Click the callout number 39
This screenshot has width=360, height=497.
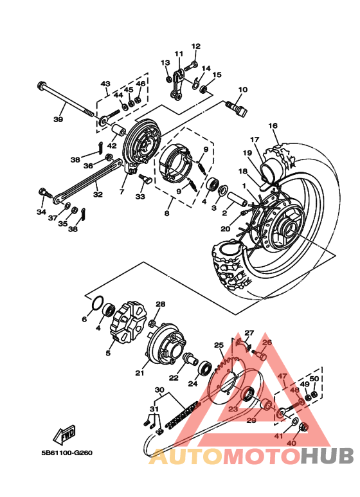[x=59, y=120]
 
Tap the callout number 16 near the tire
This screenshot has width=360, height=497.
[x=273, y=125]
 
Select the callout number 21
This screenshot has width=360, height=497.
[x=140, y=372]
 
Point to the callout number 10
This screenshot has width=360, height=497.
[x=242, y=89]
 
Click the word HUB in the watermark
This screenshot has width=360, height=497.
[x=327, y=456]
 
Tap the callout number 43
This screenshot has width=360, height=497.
[x=105, y=84]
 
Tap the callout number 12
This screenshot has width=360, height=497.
[x=195, y=46]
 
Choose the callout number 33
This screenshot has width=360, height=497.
[x=140, y=197]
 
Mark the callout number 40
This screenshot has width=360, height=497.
[x=291, y=443]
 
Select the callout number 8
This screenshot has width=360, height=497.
[x=168, y=213]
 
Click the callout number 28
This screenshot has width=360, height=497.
[x=160, y=304]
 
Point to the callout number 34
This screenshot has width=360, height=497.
[x=41, y=212]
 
